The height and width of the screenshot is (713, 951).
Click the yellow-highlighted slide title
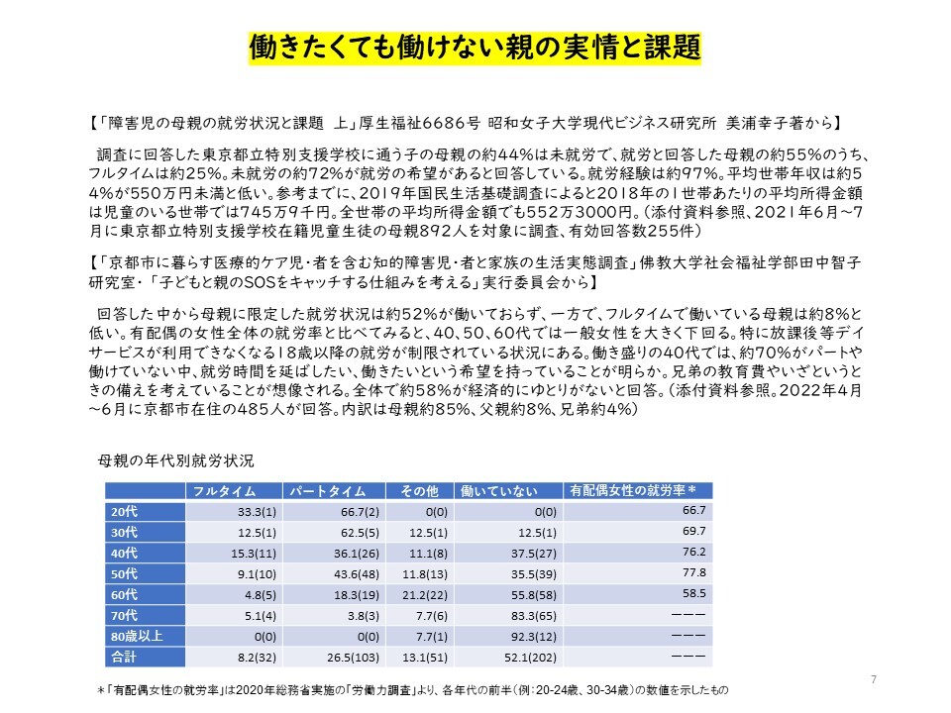click(x=475, y=46)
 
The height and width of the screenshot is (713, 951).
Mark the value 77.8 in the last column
click(x=692, y=572)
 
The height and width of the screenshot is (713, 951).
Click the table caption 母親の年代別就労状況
click(x=176, y=460)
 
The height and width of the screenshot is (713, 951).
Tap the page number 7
click(x=873, y=678)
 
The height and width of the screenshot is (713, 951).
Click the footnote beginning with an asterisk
click(x=416, y=687)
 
